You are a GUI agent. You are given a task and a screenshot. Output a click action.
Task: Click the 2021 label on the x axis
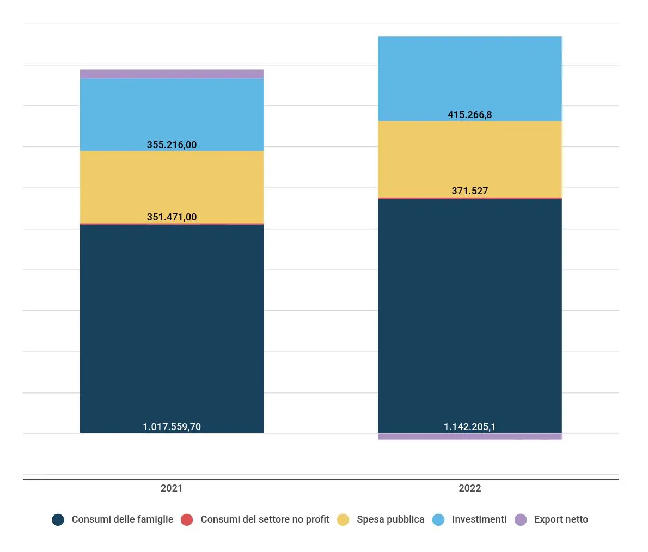pyautogui.click(x=172, y=488)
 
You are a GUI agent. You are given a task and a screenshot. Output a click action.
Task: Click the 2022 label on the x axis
pyautogui.click(x=469, y=488)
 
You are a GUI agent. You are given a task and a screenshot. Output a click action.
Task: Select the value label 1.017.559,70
pyautogui.click(x=172, y=427)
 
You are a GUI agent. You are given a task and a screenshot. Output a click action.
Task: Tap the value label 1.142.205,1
pyautogui.click(x=469, y=427)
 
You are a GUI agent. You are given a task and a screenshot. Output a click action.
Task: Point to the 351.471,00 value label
pyautogui.click(x=172, y=217)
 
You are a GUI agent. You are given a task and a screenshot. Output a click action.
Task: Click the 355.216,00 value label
pyautogui.click(x=172, y=145)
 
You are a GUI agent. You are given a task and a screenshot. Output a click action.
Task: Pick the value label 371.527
pyautogui.click(x=469, y=191)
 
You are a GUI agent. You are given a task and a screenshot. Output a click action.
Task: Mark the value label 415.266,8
pyautogui.click(x=469, y=115)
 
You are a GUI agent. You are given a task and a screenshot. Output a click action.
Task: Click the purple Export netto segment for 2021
pyautogui.click(x=172, y=74)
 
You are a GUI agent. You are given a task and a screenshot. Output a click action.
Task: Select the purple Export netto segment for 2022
pyautogui.click(x=469, y=437)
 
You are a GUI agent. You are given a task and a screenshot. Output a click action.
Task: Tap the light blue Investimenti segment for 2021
pyautogui.click(x=172, y=109)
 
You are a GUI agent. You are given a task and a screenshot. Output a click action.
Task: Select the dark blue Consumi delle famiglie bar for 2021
pyautogui.click(x=172, y=327)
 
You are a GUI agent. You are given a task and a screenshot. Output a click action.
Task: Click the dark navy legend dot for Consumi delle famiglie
pyautogui.click(x=58, y=520)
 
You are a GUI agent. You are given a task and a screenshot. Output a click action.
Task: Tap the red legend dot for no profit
pyautogui.click(x=187, y=520)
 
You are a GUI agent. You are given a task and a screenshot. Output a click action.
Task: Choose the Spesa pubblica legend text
pyautogui.click(x=390, y=519)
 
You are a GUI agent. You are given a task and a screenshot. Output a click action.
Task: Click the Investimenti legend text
pyautogui.click(x=479, y=519)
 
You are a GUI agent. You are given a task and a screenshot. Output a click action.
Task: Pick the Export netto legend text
pyautogui.click(x=561, y=519)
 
